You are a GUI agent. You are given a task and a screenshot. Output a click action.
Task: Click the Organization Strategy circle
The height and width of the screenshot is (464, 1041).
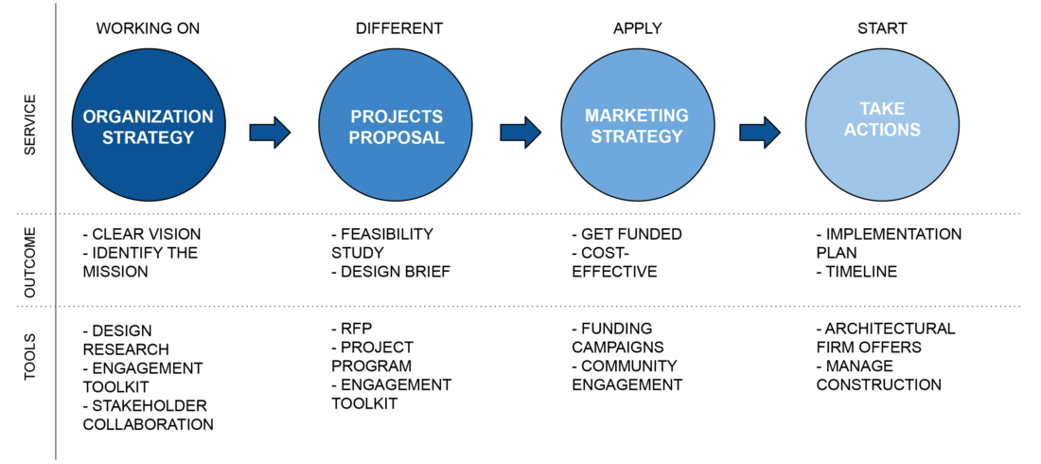pyautogui.click(x=148, y=125)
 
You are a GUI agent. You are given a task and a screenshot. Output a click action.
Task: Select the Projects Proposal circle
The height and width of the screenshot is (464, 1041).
pyautogui.click(x=396, y=125)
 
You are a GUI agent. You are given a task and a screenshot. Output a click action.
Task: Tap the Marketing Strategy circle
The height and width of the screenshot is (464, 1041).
pyautogui.click(x=637, y=125)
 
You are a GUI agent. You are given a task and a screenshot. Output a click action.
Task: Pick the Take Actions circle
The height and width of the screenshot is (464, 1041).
pyautogui.click(x=882, y=125)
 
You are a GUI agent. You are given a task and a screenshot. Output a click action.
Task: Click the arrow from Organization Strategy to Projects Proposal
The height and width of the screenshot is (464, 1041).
pyautogui.click(x=271, y=133)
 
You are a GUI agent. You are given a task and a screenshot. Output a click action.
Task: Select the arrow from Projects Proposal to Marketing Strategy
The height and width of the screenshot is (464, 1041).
pyautogui.click(x=520, y=133)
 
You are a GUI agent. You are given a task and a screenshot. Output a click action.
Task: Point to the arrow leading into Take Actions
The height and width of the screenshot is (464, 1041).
pyautogui.click(x=760, y=133)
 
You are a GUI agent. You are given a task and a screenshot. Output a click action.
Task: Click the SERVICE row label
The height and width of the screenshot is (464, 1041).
pyautogui.click(x=30, y=125)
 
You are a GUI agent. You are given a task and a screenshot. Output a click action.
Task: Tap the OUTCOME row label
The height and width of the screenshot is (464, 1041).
pyautogui.click(x=30, y=261)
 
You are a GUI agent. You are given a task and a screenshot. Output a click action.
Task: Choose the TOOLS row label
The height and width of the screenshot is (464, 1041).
pyautogui.click(x=30, y=357)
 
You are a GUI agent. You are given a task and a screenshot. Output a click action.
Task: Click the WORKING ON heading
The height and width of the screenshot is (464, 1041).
pyautogui.click(x=148, y=28)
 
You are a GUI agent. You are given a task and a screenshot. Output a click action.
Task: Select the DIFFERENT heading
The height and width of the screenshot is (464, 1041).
pyautogui.click(x=399, y=28)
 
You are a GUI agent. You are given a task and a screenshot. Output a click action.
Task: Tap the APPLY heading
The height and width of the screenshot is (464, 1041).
pyautogui.click(x=637, y=28)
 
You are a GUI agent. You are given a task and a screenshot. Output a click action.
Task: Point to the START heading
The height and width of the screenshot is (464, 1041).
pyautogui.click(x=882, y=28)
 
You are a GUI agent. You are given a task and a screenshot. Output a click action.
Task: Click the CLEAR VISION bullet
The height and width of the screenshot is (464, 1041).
pyautogui.click(x=141, y=235)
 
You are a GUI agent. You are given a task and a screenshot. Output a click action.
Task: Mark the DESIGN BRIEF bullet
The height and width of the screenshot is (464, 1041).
pyautogui.click(x=391, y=272)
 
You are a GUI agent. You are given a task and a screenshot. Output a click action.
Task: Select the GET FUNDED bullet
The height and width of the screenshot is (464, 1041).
pyautogui.click(x=626, y=235)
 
